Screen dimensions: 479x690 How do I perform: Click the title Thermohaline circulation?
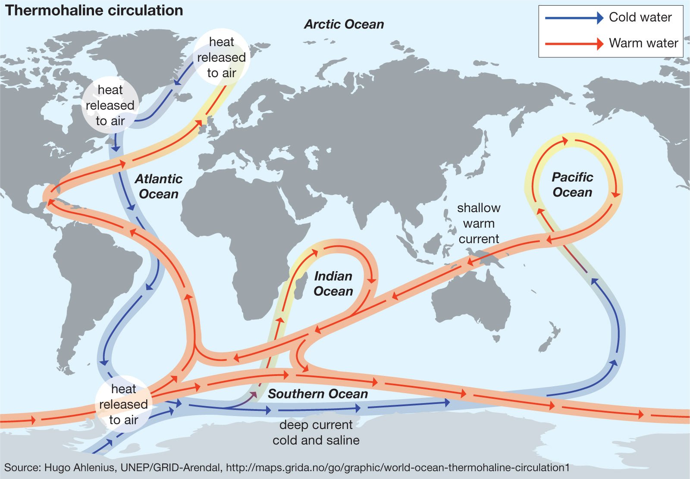coord(94,10)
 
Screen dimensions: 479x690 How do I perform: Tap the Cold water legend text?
coord(640,17)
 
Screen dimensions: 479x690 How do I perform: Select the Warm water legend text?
coord(643,43)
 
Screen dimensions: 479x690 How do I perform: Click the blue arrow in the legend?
coord(574,18)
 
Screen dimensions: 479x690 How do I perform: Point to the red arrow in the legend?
coord(574,44)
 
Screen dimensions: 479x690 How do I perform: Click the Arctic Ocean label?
coord(344,24)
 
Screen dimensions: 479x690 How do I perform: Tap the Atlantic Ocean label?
coord(158,186)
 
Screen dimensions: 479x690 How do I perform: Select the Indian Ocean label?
coord(333,283)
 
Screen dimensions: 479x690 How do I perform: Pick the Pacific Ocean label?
coord(572,185)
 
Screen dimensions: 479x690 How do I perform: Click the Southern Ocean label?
coord(317,394)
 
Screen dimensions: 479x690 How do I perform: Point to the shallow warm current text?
coord(478,223)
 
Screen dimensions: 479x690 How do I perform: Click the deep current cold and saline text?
coord(316,432)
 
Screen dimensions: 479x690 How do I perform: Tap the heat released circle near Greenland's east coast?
coord(221,57)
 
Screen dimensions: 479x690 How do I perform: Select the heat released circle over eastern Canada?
coord(110,105)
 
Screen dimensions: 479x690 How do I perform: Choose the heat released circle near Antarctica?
coord(123,404)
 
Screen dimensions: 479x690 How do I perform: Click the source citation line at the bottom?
coord(287,467)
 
